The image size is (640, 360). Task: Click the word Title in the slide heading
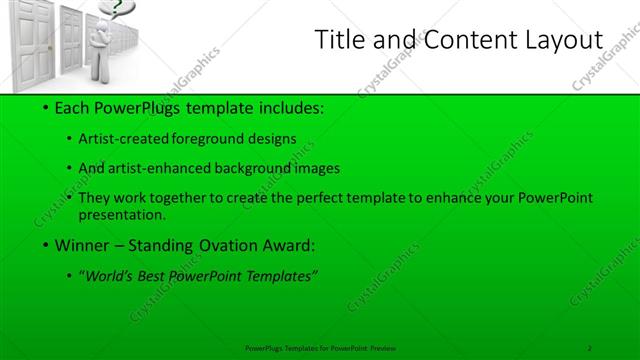pyautogui.click(x=339, y=40)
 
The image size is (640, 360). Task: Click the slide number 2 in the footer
pyautogui.click(x=590, y=347)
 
